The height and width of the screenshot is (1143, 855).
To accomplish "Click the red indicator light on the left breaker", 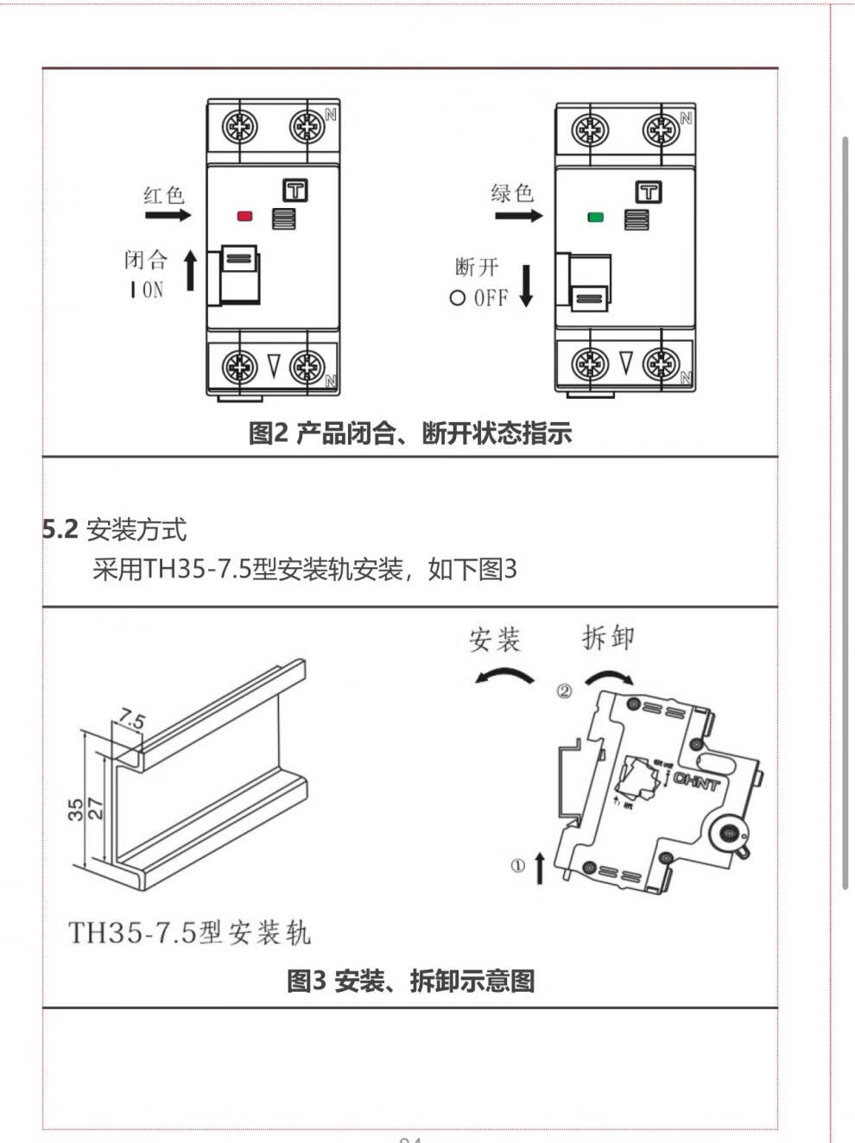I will click(244, 216).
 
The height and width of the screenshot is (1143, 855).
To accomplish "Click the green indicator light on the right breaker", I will click(595, 217).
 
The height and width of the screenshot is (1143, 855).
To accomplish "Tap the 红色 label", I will click(164, 195).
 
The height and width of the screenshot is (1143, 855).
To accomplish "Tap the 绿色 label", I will click(512, 193).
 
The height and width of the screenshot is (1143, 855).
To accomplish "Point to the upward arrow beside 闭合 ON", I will click(191, 271).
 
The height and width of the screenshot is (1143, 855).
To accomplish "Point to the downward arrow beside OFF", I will click(526, 287).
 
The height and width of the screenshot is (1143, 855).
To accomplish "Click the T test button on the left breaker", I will click(295, 190).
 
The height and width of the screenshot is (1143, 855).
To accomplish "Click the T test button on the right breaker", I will click(648, 192).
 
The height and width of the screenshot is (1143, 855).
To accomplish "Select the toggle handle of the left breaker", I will click(239, 273).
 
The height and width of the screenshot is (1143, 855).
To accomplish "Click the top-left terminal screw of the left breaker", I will click(239, 127).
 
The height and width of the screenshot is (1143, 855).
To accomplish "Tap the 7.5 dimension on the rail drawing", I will click(132, 719).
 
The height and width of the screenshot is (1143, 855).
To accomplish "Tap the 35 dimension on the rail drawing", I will click(76, 808).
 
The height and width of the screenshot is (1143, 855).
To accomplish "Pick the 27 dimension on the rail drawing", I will click(96, 808).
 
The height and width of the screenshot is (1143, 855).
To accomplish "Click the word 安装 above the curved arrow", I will click(495, 640).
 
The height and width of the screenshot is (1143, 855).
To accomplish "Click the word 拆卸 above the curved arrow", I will click(608, 637).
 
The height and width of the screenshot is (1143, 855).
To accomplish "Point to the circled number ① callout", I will click(517, 865).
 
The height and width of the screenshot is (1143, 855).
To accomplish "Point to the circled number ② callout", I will click(564, 691).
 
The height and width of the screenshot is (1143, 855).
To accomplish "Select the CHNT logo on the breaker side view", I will click(695, 781).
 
